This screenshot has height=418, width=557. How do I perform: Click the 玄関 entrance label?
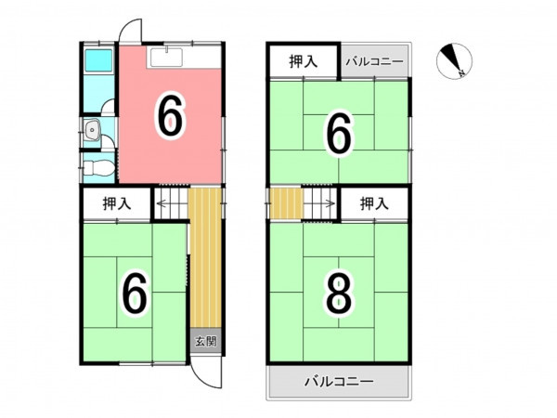[x=206, y=342]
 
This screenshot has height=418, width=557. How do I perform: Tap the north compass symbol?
[x=454, y=61]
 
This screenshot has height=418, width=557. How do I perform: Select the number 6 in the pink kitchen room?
[x=171, y=116]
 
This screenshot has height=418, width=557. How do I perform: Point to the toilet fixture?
[x=98, y=167]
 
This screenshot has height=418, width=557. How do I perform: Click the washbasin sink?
[x=92, y=130]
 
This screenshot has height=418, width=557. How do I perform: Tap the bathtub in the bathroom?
[x=98, y=61]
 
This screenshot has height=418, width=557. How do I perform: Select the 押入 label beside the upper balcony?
[x=303, y=62]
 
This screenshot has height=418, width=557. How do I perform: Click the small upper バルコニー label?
[x=375, y=62]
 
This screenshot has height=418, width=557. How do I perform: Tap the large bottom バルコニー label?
[x=339, y=382]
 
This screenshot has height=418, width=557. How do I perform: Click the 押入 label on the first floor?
[x=117, y=203]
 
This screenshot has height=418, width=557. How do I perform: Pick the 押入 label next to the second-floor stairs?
[x=374, y=203]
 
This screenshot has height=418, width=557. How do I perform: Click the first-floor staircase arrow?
[x=171, y=203]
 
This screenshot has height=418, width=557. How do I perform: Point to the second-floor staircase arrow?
[x=319, y=203]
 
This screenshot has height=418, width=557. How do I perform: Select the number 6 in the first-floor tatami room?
[x=135, y=294]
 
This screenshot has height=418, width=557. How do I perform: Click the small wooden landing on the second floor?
[x=286, y=203]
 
